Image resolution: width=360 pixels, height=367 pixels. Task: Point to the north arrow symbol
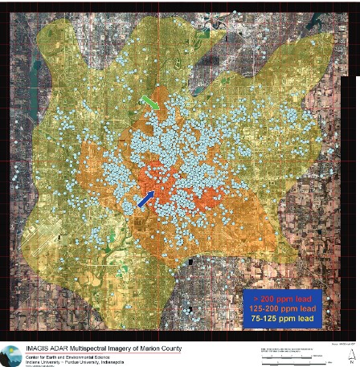click(350, 351)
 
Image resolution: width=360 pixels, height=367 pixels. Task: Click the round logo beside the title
click(11, 354)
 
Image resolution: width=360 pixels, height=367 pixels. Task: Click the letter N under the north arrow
click(351, 361)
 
